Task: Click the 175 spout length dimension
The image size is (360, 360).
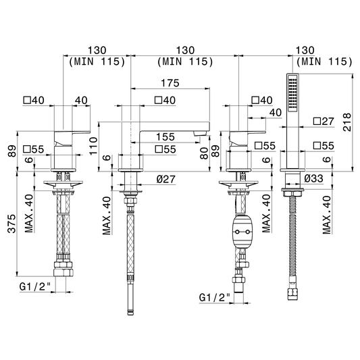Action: pyautogui.click(x=170, y=83)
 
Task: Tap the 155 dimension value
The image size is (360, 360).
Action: pyautogui.click(x=165, y=137)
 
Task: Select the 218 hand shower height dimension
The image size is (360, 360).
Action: pyautogui.click(x=347, y=122)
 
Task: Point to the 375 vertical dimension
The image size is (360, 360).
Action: pyautogui.click(x=11, y=224)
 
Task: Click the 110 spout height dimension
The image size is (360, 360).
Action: pyautogui.click(x=94, y=146)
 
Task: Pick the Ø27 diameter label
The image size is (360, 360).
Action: pyautogui.click(x=166, y=179)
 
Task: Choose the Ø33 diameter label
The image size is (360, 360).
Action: pyautogui.click(x=313, y=178)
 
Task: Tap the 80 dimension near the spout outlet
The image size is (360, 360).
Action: pyautogui.click(x=204, y=153)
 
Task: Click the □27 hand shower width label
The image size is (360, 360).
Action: pyautogui.click(x=324, y=121)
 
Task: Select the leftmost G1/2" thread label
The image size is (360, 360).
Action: pyautogui.click(x=35, y=286)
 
